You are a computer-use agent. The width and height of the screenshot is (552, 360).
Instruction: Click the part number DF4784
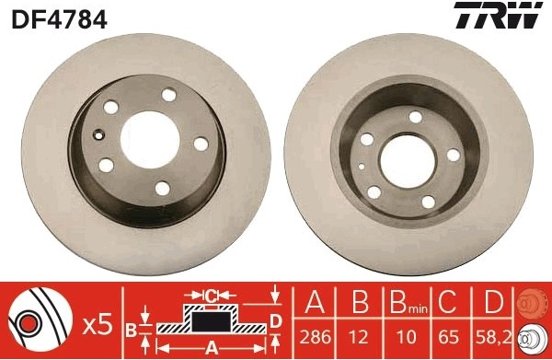[59, 19]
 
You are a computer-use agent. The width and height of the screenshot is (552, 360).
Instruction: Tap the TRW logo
[498, 15]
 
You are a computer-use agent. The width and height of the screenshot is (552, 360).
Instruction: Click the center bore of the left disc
[150, 140]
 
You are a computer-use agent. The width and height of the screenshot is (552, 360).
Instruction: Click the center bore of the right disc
[408, 161]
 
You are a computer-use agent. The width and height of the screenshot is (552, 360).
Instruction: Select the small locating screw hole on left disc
[99, 134]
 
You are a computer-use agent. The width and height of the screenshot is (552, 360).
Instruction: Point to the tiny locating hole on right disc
[362, 166]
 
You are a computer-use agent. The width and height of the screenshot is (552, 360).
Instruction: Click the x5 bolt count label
[98, 325]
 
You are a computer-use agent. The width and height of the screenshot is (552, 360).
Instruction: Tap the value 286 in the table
[315, 336]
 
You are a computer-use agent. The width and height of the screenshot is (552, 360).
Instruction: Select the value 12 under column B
[359, 336]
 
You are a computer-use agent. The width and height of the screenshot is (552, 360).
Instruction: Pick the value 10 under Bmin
[407, 336]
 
